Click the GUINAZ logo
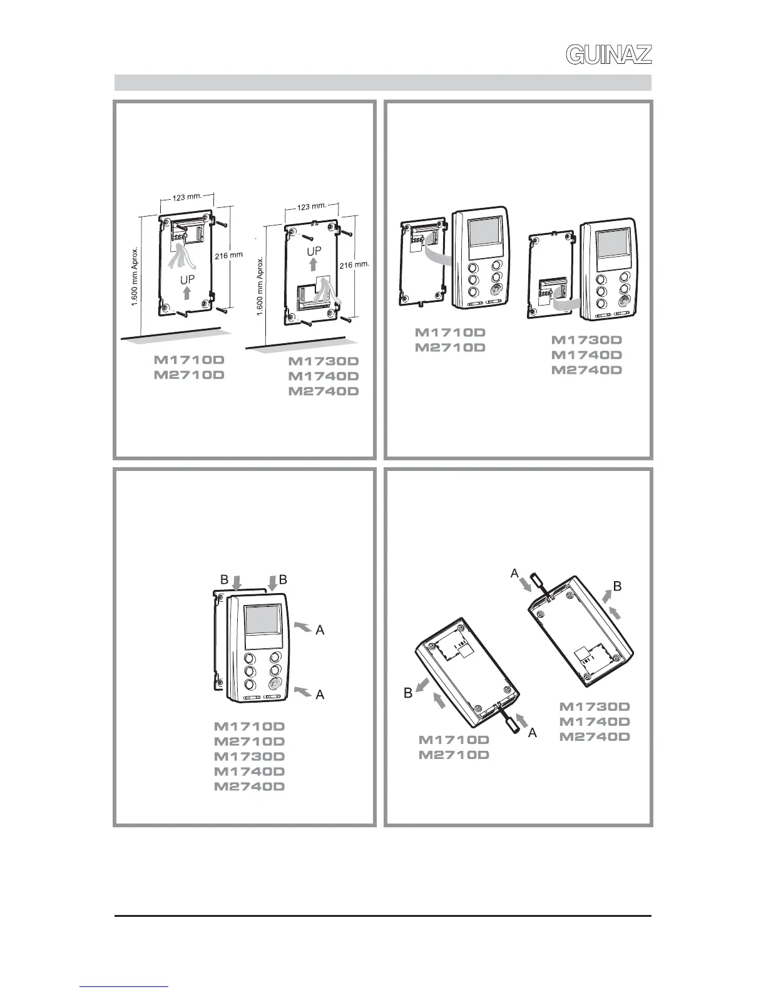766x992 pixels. [608, 54]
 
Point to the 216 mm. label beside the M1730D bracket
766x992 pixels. [354, 265]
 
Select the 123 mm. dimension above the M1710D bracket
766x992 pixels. [187, 196]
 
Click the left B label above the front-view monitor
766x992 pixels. [224, 580]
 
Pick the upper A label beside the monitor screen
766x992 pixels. [320, 631]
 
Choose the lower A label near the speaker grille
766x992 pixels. [320, 695]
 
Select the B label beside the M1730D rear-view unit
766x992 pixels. [617, 587]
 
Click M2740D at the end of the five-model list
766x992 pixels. [250, 787]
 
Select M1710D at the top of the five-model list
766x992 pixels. [250, 727]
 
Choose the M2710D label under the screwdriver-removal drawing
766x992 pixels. [454, 755]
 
